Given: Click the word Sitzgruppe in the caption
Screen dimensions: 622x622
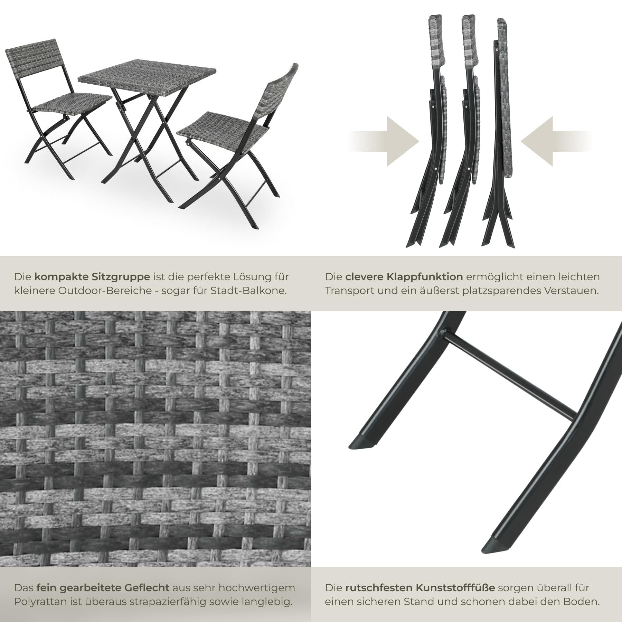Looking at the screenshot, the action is click(x=121, y=277).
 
